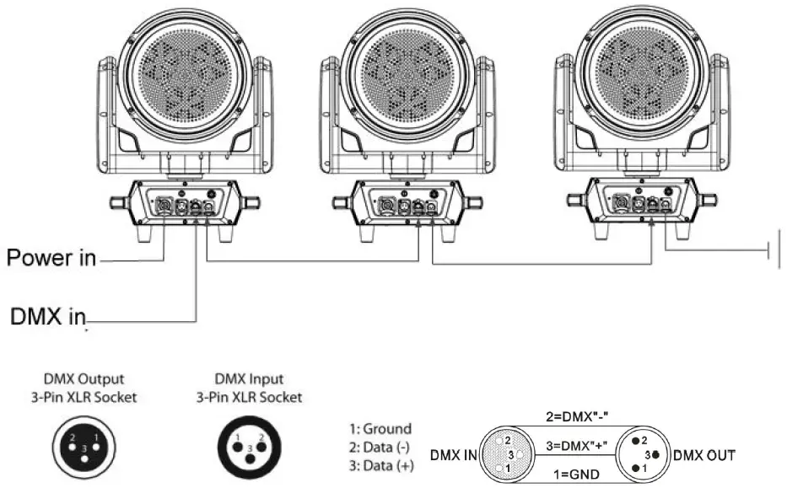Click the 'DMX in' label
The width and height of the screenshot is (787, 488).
48,317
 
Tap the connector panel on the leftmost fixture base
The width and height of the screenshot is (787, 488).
186,203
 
